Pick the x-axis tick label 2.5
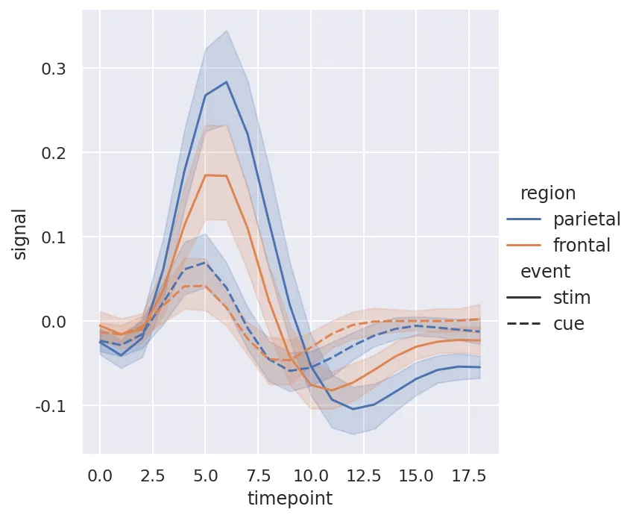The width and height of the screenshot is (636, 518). tap(153, 475)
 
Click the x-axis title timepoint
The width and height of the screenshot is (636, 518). tap(291, 499)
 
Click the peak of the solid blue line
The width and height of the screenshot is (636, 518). tap(227, 82)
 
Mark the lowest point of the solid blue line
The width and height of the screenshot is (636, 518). tap(353, 409)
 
